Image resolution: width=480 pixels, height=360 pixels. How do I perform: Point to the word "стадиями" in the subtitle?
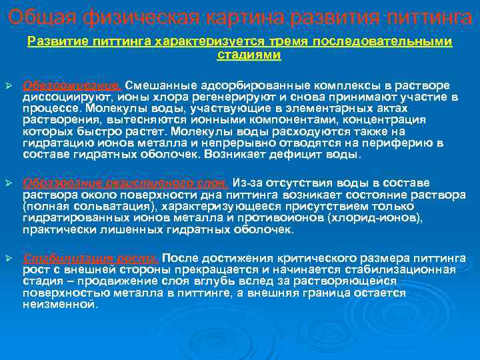point(249,55)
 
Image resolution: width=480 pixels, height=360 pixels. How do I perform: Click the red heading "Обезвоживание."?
point(72,86)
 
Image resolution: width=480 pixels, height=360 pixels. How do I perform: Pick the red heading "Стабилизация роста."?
point(91,257)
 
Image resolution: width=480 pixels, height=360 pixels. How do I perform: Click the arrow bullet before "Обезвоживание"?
point(9,87)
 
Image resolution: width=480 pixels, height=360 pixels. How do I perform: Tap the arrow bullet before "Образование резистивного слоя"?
point(9,183)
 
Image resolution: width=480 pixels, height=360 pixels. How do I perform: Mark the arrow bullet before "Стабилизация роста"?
point(9,258)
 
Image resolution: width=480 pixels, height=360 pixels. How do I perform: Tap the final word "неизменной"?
point(60,304)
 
